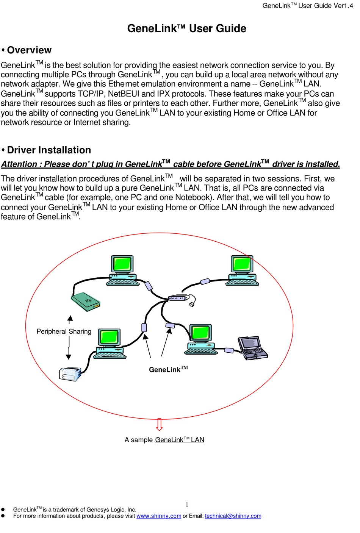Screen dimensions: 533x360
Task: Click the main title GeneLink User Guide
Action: (186, 28)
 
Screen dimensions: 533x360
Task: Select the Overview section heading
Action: (29, 50)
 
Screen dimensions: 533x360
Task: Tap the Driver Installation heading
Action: (49, 150)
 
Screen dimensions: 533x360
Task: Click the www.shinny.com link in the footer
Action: (159, 516)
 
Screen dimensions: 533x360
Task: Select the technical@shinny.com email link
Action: (233, 516)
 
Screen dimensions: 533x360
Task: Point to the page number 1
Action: (187, 505)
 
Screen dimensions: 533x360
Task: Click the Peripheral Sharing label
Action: (64, 331)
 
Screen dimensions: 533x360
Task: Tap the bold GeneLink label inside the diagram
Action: (168, 369)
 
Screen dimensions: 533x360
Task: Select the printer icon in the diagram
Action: (70, 374)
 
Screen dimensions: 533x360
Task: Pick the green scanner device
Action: (86, 302)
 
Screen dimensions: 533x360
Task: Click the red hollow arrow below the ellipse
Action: (160, 424)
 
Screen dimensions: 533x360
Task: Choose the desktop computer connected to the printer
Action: (110, 343)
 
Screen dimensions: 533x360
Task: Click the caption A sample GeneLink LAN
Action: (164, 440)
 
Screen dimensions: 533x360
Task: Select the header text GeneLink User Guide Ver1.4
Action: (307, 6)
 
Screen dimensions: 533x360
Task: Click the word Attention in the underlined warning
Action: (19, 164)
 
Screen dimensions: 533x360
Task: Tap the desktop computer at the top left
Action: (122, 270)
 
